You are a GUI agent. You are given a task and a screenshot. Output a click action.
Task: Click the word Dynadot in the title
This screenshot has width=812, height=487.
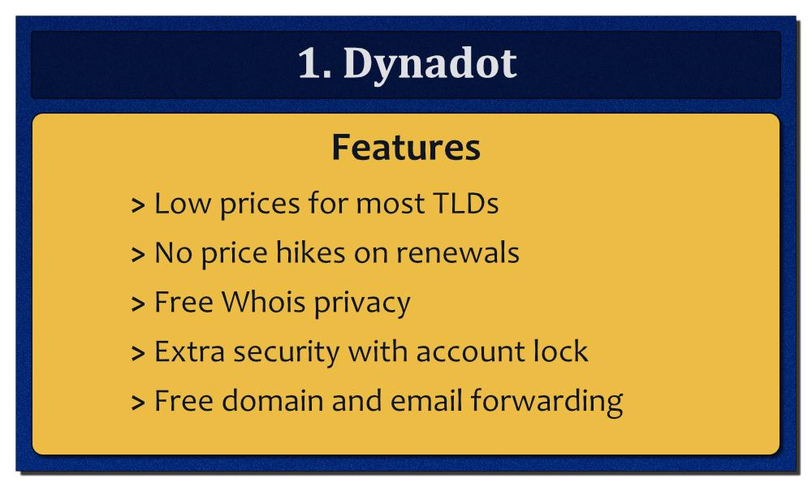pos(430,65)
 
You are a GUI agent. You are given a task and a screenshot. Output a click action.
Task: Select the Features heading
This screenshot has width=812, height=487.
pos(406,148)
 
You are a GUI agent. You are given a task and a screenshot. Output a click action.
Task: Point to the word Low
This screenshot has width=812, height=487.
pos(183,203)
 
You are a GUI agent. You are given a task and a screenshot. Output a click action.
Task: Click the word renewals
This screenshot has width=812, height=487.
pos(457,252)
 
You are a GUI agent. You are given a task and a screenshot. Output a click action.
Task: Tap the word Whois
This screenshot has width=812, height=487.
pos(264,302)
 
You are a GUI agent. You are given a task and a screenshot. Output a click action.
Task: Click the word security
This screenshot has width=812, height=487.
pos(287,353)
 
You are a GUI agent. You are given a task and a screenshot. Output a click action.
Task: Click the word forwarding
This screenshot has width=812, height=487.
pos(546,402)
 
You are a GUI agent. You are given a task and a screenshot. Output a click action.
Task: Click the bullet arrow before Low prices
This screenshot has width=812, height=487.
pos(138,205)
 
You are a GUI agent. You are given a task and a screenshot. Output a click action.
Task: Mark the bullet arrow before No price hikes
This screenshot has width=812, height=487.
pos(138,255)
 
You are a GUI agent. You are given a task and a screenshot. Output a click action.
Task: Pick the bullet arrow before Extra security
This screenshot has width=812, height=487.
pos(138,353)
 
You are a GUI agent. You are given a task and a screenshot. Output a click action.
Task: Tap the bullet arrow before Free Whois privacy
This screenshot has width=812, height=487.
pos(138,304)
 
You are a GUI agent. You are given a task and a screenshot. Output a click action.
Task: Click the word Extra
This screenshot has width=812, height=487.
pos(189,351)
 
